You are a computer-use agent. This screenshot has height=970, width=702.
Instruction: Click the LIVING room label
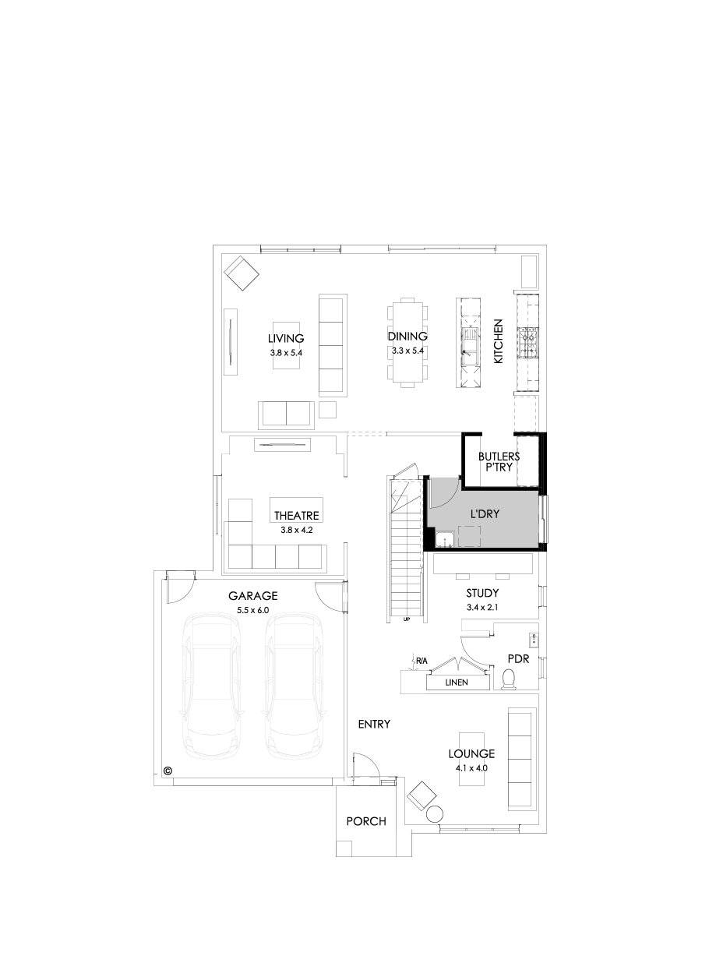285,338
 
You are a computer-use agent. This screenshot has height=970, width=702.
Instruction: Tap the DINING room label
407,337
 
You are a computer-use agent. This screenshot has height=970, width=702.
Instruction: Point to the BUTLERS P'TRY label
499,461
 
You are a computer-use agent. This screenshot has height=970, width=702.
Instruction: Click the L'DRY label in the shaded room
485,516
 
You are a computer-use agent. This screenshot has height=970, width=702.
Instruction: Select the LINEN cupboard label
457,683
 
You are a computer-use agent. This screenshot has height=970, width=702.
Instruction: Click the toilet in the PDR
510,680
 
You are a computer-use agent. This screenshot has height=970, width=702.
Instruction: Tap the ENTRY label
374,724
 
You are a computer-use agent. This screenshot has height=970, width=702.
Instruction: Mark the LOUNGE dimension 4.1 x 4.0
471,767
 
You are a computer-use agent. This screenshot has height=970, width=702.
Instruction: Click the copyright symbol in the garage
167,771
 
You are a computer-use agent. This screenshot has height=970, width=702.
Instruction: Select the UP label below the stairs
407,620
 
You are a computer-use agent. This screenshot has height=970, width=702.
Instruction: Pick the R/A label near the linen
422,661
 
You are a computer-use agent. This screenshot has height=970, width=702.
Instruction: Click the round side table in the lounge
435,815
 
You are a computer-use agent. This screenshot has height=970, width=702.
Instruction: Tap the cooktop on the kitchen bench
530,341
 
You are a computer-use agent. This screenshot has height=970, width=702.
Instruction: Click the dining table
407,341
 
